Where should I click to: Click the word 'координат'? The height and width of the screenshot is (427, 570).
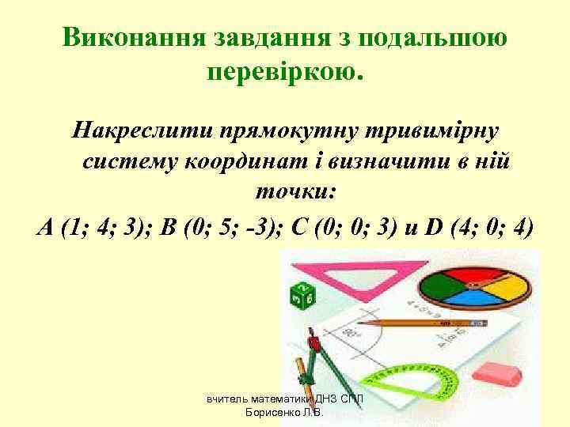[253, 161]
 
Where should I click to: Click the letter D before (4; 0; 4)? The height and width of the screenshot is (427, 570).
[434, 228]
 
